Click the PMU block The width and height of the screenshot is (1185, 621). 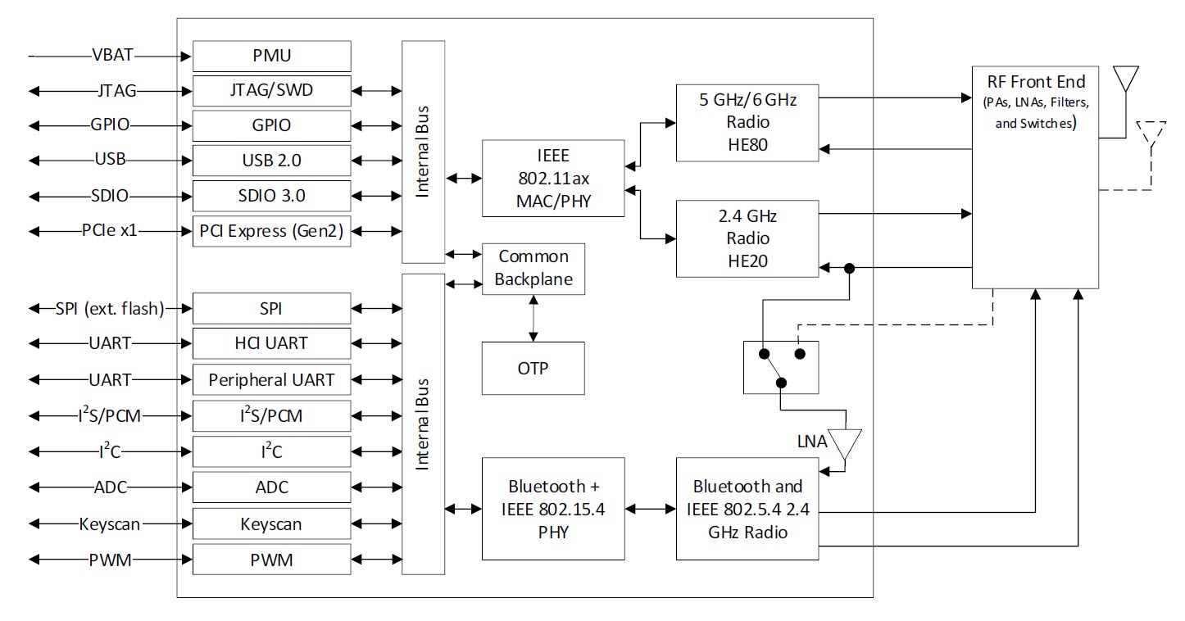coord(272,56)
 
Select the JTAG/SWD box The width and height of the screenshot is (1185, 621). coord(272,90)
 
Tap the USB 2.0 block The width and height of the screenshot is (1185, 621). coord(272,160)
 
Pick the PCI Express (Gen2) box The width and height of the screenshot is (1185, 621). coord(272,231)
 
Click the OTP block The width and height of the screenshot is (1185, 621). coord(533,368)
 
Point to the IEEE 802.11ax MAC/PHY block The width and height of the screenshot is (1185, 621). coord(553,178)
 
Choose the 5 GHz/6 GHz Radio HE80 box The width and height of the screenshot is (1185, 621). coord(747,122)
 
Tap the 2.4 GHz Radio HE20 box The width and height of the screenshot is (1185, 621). coord(747,238)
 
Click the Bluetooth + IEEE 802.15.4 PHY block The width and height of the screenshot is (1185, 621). coord(553,509)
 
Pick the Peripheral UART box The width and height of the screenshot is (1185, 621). coord(272,380)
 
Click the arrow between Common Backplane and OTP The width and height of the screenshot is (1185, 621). coord(533,319)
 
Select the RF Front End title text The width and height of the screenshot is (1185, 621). coord(1036,82)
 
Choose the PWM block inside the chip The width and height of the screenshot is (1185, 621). coord(272,560)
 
